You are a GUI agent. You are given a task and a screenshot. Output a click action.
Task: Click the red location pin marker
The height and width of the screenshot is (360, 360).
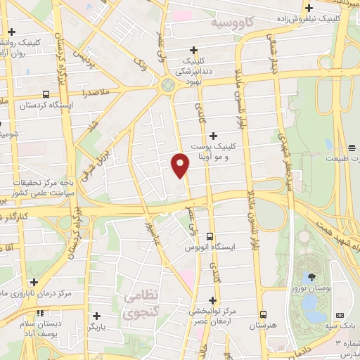tap(181, 165)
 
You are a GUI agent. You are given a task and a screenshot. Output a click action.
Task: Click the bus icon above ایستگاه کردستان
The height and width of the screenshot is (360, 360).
tap(46, 94)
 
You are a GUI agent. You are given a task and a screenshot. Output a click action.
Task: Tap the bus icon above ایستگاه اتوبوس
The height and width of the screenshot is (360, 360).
tap(210, 237)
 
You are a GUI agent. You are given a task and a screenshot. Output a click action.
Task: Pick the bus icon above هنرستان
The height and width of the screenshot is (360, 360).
tap(264, 314)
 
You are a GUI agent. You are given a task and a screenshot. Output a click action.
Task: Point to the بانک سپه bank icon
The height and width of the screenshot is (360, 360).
tap(340, 314)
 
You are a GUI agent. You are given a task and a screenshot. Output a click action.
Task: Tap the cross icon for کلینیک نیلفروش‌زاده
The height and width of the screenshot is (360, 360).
tap(309, 8)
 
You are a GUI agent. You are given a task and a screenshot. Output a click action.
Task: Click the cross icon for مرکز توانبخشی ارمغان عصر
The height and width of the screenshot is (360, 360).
tap(212, 300)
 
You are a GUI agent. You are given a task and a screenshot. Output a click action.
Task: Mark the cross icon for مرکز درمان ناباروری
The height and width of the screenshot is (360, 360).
tap(34, 281)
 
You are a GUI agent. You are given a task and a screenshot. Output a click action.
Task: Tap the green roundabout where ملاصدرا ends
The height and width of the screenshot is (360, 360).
tap(168, 85)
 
